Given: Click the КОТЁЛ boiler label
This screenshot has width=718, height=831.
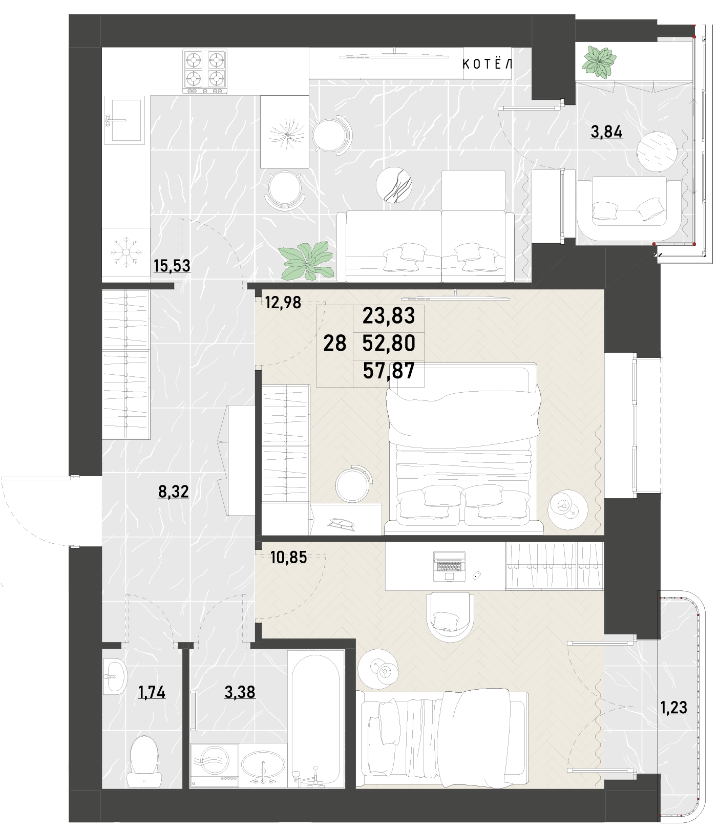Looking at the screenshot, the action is (487, 64).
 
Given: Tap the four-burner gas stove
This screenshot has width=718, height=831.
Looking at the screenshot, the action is (205, 71).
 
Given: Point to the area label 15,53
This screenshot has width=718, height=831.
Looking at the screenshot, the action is (172, 266).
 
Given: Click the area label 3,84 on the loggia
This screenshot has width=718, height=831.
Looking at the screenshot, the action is (607, 132).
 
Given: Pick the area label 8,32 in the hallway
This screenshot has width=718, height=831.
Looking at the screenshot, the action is (174, 492).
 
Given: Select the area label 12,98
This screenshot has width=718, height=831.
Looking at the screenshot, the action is (283, 303).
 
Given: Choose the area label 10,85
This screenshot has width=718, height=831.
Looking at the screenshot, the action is (289, 557).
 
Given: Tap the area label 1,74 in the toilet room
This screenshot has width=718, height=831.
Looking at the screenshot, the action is (152, 692).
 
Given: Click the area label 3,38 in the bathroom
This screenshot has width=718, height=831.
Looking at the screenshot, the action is (240, 692).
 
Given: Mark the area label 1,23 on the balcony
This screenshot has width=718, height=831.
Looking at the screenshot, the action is (673, 708).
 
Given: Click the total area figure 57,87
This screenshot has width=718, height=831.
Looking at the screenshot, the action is (389, 371).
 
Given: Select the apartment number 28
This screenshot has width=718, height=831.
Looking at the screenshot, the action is (335, 343).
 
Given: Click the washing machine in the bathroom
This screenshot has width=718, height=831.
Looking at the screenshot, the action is (215, 765).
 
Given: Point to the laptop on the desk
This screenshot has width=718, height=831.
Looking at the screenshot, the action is (449, 566).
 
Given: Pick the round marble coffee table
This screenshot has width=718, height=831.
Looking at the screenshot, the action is (394, 185).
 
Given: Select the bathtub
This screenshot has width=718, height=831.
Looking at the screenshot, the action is (316, 719).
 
